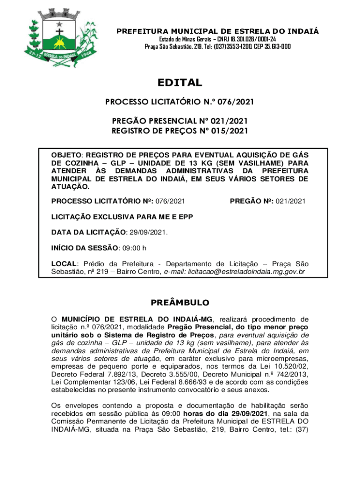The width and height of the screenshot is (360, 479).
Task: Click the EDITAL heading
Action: click(x=180, y=83)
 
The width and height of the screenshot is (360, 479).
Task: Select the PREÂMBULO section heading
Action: click(x=180, y=303)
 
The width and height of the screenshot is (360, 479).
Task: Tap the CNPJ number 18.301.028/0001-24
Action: click(x=243, y=39)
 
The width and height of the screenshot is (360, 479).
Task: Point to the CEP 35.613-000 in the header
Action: click(x=272, y=47)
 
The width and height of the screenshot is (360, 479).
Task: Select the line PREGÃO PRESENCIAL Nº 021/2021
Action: click(x=180, y=122)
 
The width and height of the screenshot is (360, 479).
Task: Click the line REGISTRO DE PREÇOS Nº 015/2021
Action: click(x=180, y=131)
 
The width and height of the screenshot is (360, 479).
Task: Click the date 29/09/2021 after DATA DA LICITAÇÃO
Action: click(x=147, y=232)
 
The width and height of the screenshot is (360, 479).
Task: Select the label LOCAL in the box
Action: click(x=63, y=264)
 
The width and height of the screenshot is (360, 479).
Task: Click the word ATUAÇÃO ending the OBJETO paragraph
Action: click(x=70, y=187)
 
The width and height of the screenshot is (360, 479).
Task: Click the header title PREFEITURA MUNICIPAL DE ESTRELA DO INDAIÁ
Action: click(x=217, y=31)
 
